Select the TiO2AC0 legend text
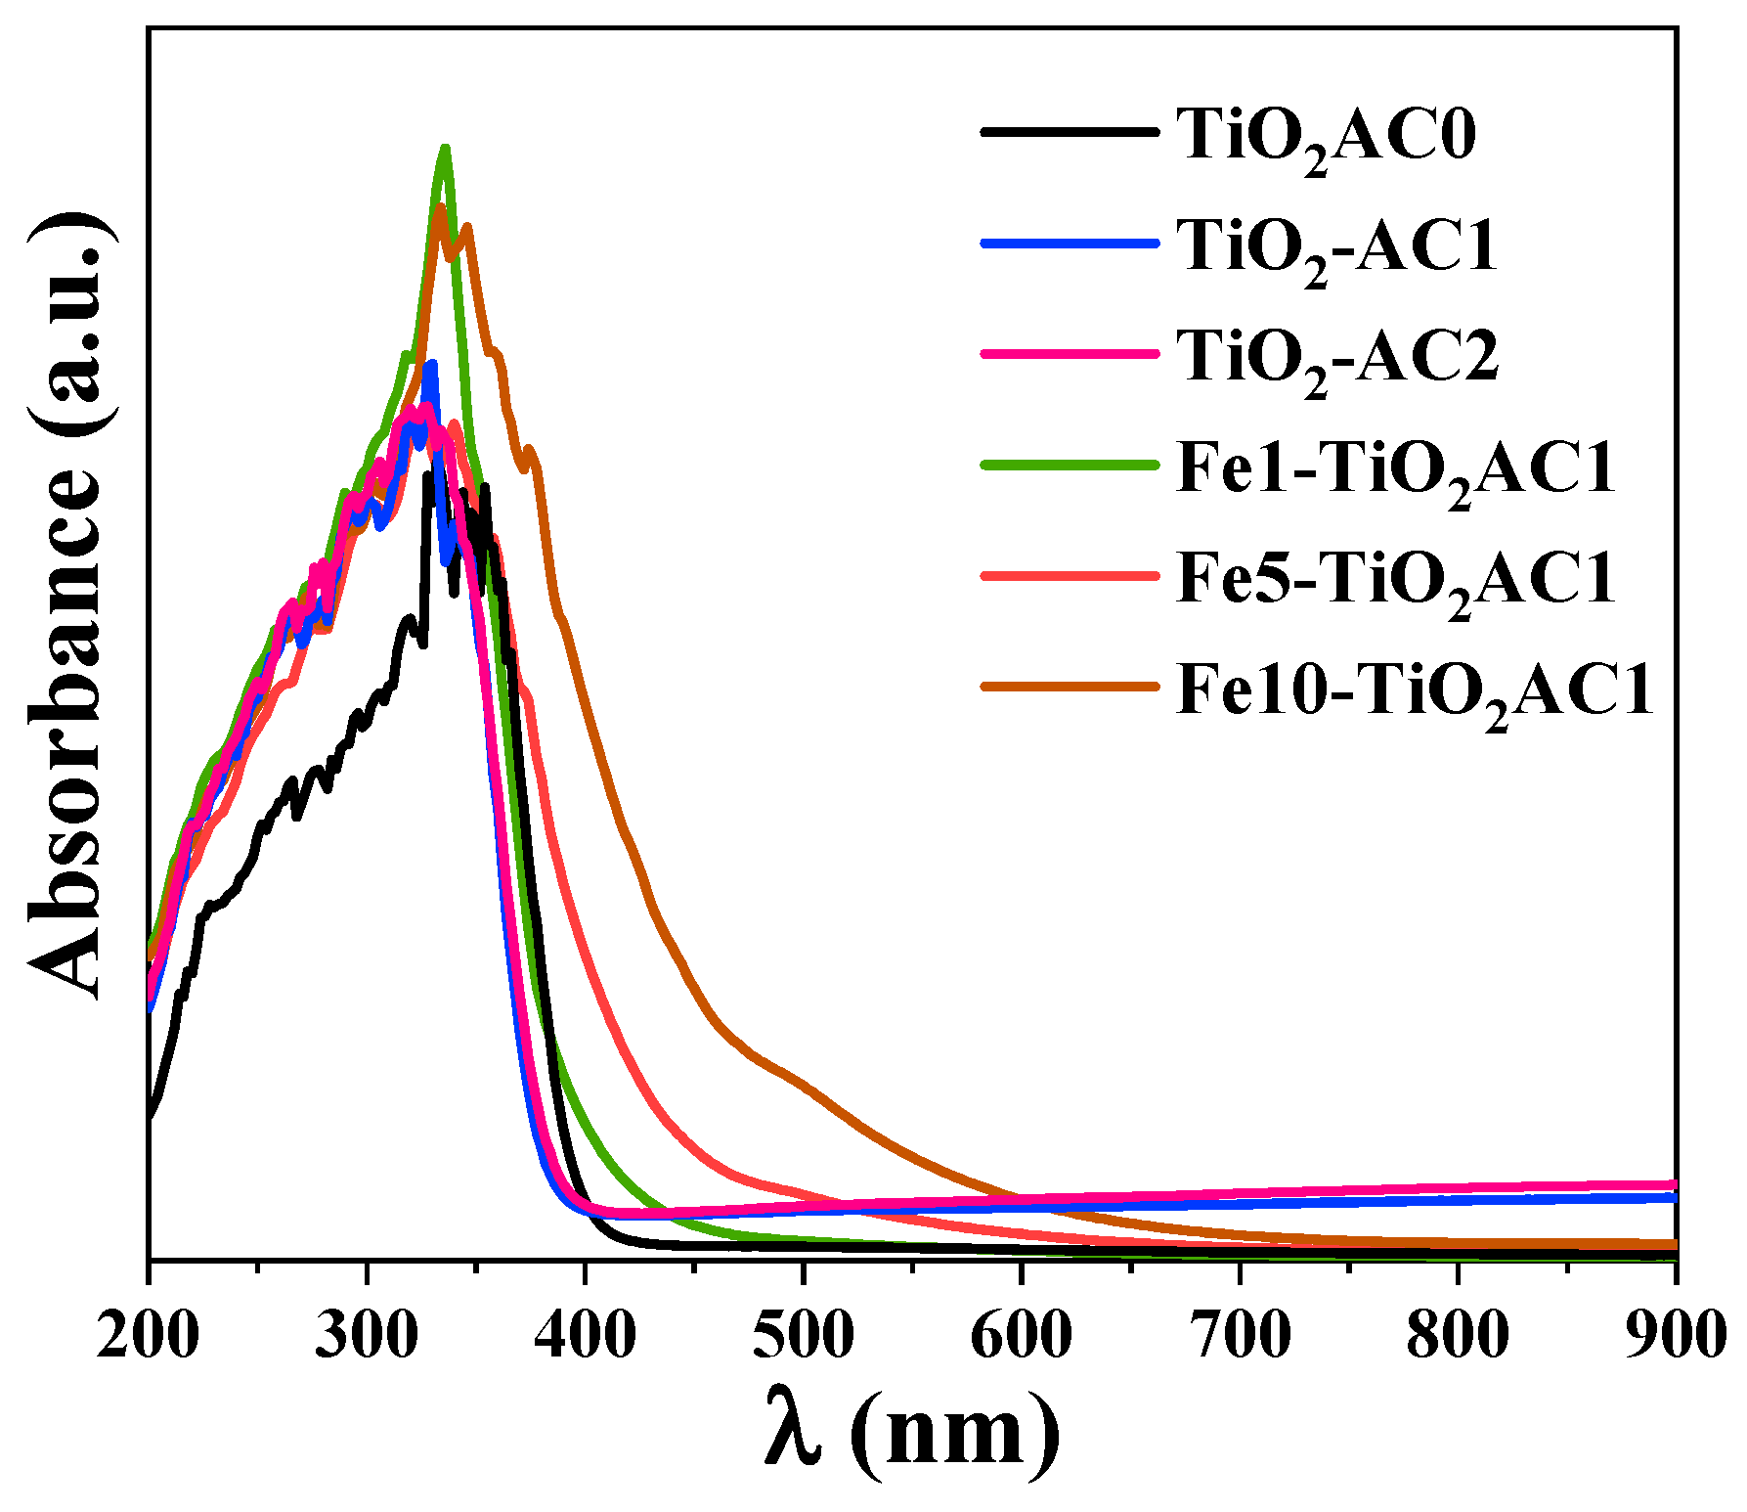[1326, 137]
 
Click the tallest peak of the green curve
[445, 150]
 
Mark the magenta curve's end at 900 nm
[1674, 1184]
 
